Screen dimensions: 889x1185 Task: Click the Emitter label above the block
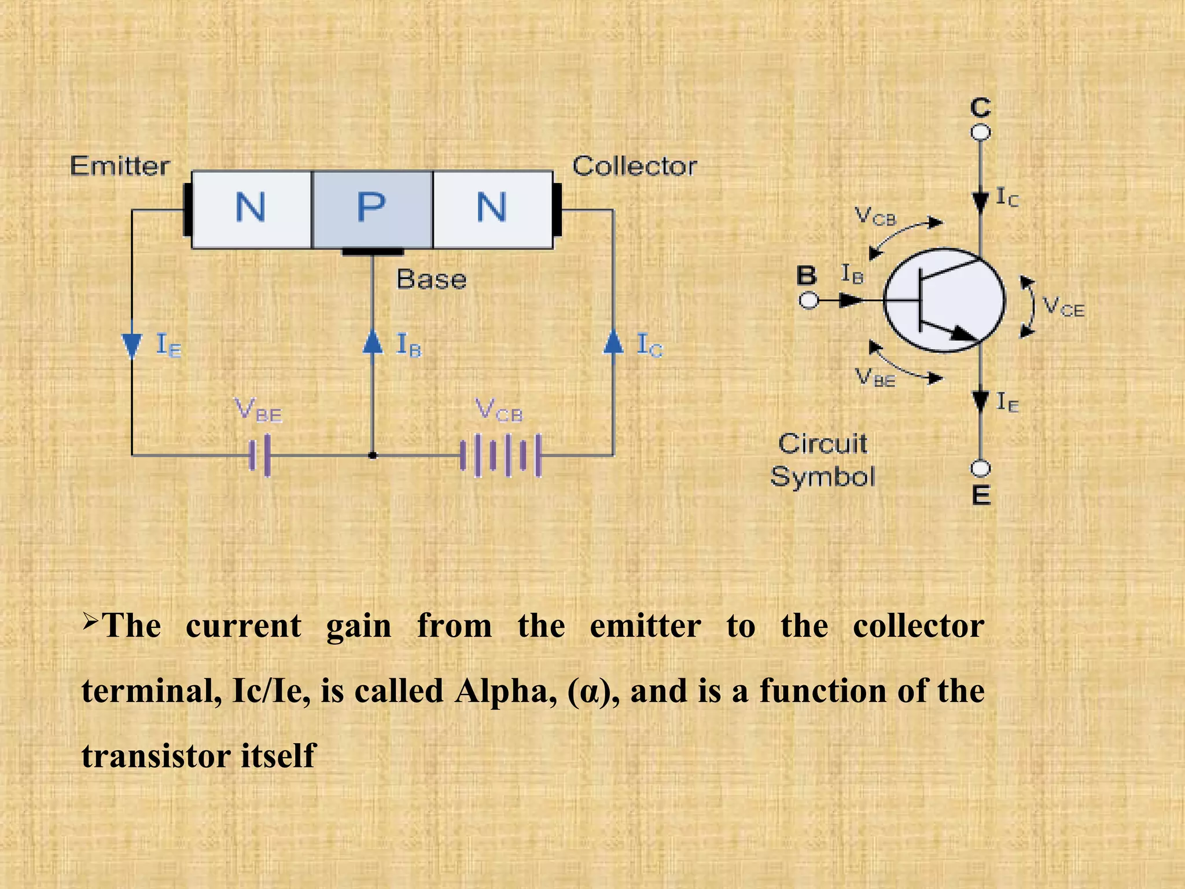pos(120,166)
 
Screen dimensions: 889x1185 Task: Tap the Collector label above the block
pos(634,166)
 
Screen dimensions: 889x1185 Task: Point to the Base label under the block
pos(431,280)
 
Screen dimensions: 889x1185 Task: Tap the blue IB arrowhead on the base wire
pos(373,341)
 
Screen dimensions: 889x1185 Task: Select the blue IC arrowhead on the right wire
pos(613,341)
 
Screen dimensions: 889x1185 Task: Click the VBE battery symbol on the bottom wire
pos(260,455)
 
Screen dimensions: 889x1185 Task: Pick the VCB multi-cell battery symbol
pos(501,455)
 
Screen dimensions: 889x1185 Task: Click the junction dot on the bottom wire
pos(373,455)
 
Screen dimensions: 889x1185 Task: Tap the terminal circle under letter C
pos(980,133)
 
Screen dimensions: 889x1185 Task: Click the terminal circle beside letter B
pos(809,301)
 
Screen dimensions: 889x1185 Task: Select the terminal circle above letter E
pos(980,468)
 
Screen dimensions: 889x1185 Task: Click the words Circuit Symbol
pos(822,460)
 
